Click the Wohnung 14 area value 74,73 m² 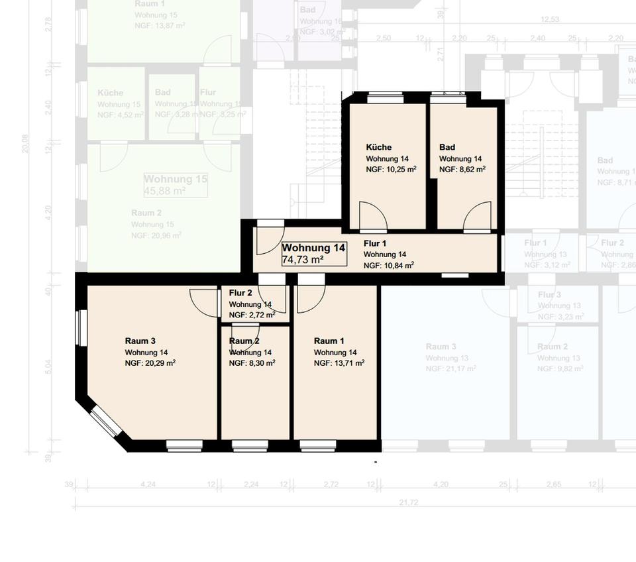pos(303,260)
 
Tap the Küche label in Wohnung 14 pos(379,147)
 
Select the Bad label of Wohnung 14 pos(447,147)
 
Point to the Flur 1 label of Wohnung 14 pos(375,243)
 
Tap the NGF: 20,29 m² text pos(150,363)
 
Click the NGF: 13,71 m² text pos(339,363)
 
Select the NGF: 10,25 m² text pos(391,170)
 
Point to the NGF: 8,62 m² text pos(462,170)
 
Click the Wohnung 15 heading pos(176,180)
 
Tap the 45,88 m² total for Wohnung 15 pos(165,191)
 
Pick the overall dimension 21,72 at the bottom pos(409,502)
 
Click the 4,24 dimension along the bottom pos(148,484)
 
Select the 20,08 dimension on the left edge pos(26,143)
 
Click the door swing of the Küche pos(372,216)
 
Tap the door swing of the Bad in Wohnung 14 pos(477,217)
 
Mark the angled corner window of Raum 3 pos(105,421)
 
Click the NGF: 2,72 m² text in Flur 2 pos(252,315)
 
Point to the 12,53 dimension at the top pos(550,19)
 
